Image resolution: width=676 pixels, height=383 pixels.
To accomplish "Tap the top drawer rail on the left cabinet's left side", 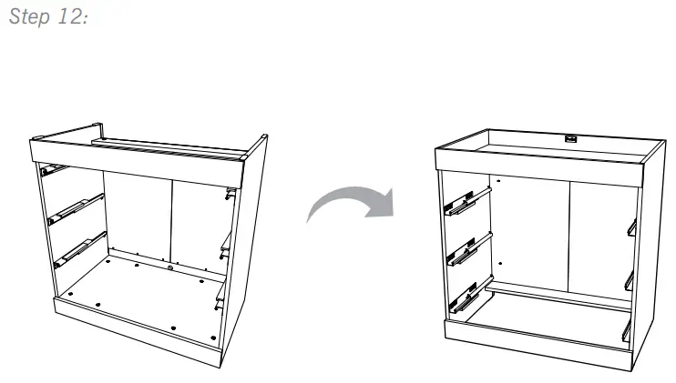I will (x=55, y=168).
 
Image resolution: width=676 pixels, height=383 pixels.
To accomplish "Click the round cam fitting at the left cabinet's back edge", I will (x=170, y=267).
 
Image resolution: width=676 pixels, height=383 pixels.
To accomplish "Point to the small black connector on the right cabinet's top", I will (x=571, y=138).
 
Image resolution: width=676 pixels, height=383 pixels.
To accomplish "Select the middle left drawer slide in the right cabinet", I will (x=463, y=249).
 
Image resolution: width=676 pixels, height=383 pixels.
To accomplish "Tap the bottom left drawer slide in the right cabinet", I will (x=464, y=298).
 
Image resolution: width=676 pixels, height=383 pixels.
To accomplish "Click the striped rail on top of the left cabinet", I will (x=169, y=148).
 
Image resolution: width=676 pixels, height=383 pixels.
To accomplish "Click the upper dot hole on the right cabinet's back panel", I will (x=499, y=182).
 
